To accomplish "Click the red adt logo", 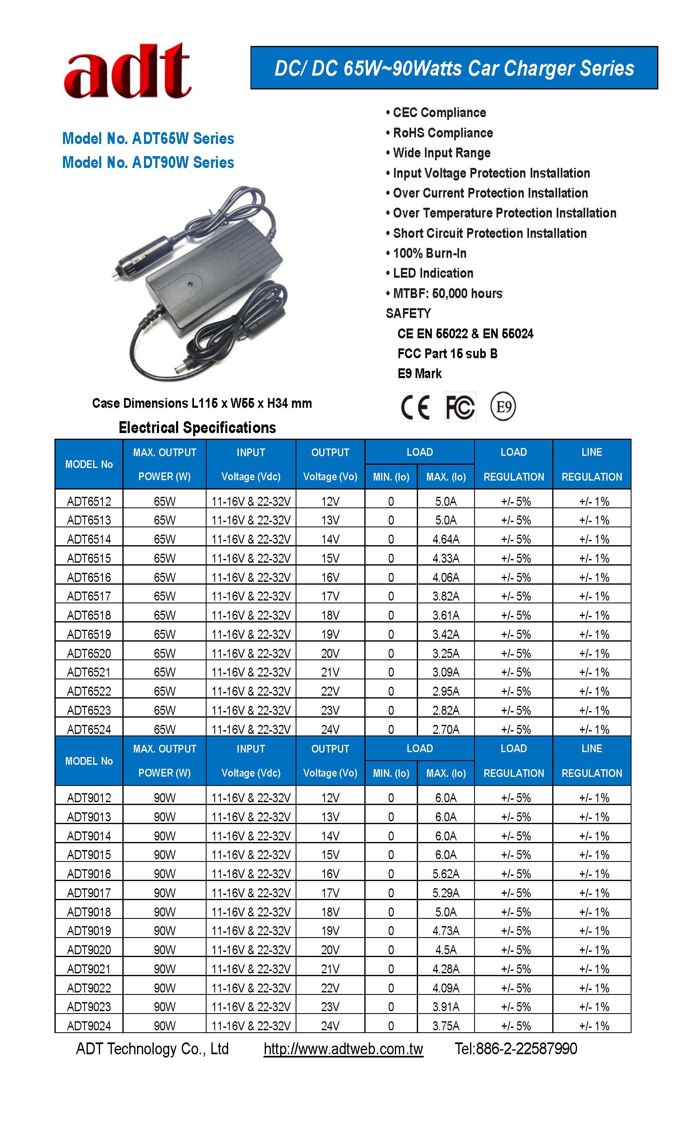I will coord(127,72).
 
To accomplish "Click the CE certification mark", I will coord(415,407).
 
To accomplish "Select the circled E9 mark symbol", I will coord(503,407).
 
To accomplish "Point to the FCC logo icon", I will coord(460,407).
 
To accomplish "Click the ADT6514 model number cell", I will coord(89,539).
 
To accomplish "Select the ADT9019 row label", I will coord(89,931).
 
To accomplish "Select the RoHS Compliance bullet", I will coord(442,133).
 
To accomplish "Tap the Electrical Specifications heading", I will coord(197,428).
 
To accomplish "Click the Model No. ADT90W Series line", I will coord(148,162).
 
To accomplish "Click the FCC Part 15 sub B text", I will coord(447,354).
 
